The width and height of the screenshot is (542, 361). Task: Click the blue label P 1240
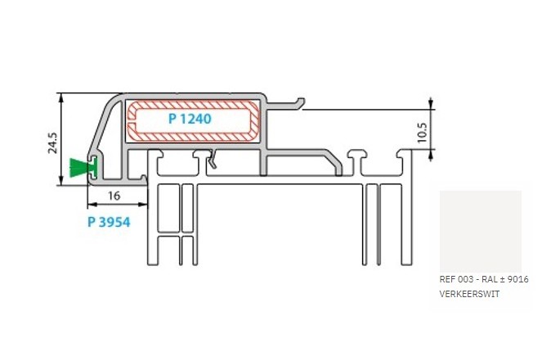click(190, 119)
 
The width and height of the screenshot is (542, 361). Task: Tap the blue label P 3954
click(109, 222)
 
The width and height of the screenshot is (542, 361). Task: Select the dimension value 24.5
click(53, 142)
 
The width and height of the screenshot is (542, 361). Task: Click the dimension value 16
click(114, 196)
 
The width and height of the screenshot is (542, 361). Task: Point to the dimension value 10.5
click(423, 133)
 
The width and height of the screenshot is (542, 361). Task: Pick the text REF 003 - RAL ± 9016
click(484, 279)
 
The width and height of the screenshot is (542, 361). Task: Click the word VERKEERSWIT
click(469, 294)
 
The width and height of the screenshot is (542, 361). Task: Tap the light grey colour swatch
click(481, 232)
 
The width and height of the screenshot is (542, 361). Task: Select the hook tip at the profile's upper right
click(302, 101)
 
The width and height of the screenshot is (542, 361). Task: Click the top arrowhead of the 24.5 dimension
click(61, 97)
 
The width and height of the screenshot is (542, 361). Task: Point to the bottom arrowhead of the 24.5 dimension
click(61, 181)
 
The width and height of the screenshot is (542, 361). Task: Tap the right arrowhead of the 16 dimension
click(143, 205)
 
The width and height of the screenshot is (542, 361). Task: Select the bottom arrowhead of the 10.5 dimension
click(431, 155)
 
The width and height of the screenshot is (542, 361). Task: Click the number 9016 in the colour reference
click(519, 279)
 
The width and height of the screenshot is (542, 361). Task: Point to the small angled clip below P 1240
click(213, 159)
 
